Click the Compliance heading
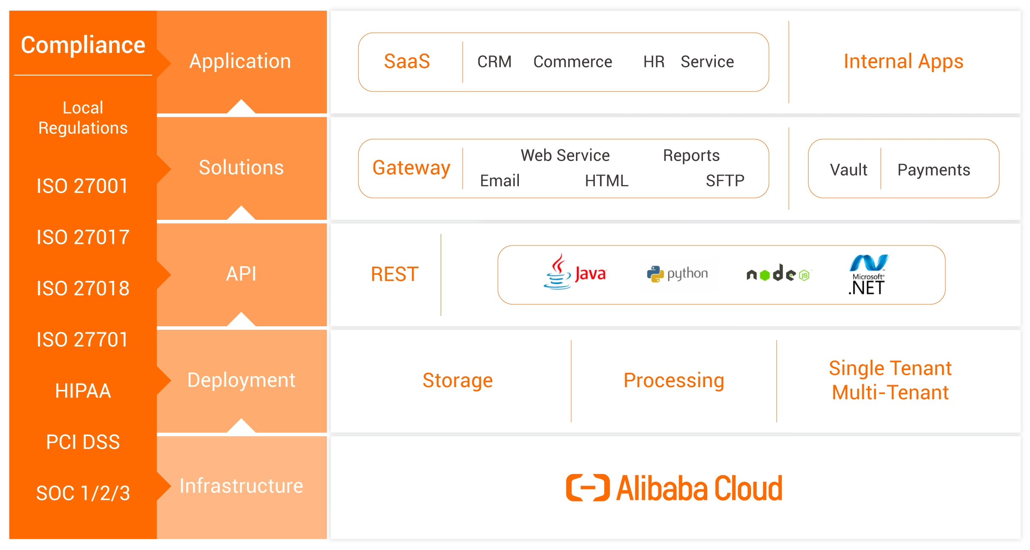[x=83, y=45]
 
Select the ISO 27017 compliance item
[x=83, y=237]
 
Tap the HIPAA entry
[x=83, y=391]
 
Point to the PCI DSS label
[x=83, y=442]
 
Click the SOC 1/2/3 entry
[x=83, y=493]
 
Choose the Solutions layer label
[x=241, y=167]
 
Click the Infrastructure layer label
[x=241, y=486]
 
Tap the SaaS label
[x=407, y=61]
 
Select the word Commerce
[x=573, y=62]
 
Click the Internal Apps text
[x=903, y=61]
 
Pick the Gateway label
[x=411, y=168]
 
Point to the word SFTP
[x=725, y=181]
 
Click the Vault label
[x=848, y=170]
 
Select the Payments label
[x=933, y=170]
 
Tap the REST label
[x=394, y=274]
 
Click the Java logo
[x=575, y=272]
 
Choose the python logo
[x=678, y=274]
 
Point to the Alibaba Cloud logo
[x=674, y=488]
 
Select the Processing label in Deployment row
[x=674, y=380]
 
